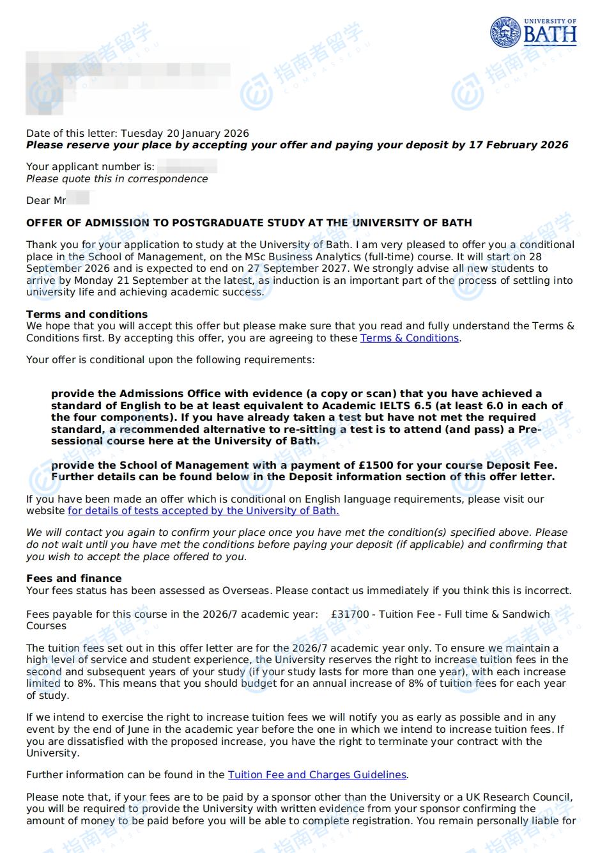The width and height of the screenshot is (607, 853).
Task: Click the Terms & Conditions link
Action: (x=410, y=338)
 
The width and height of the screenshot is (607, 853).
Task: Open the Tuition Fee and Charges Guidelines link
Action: (x=317, y=775)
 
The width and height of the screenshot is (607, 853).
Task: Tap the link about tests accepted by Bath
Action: (x=203, y=511)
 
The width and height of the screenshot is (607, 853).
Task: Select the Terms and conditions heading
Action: (x=87, y=315)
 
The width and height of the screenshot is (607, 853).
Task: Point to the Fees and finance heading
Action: (x=74, y=579)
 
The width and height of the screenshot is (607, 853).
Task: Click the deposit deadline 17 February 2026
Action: (x=518, y=145)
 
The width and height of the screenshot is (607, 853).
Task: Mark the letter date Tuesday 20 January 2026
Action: (x=185, y=134)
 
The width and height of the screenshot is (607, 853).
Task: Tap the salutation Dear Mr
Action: (x=46, y=201)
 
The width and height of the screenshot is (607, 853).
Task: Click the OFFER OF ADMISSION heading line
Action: (x=249, y=223)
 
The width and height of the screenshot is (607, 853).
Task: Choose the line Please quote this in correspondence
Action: (x=117, y=179)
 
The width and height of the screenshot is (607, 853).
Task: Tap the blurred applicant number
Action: (x=187, y=167)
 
